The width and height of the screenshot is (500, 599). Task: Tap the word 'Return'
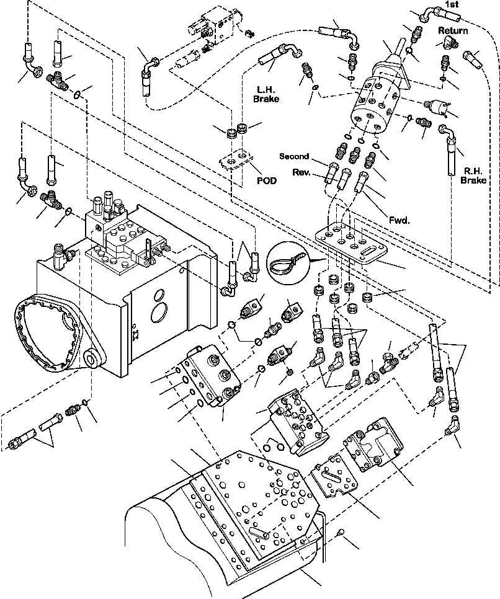click(x=452, y=30)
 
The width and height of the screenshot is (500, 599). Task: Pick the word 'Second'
click(x=294, y=156)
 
